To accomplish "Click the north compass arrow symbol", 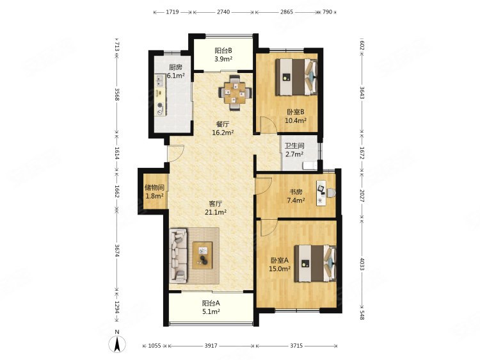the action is pyautogui.click(x=117, y=344).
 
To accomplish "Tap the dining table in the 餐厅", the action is pyautogui.click(x=234, y=92).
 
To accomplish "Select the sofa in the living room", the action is pyautogui.click(x=178, y=255).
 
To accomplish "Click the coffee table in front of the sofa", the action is pyautogui.click(x=202, y=255).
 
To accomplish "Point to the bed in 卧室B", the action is pyautogui.click(x=296, y=78).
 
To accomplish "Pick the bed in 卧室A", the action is pyautogui.click(x=316, y=263).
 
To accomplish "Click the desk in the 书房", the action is pyautogui.click(x=321, y=193).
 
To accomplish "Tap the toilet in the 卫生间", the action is pyautogui.click(x=310, y=166).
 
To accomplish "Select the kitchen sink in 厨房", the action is pyautogui.click(x=159, y=81).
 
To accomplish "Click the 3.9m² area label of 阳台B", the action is pyautogui.click(x=223, y=59).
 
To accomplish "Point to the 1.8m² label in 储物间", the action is pyautogui.click(x=154, y=196).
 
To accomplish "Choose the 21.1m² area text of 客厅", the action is pyautogui.click(x=216, y=212).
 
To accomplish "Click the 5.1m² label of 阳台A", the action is pyautogui.click(x=211, y=311).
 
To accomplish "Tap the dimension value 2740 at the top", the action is pyautogui.click(x=223, y=12).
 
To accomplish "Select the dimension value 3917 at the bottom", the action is pyautogui.click(x=211, y=346).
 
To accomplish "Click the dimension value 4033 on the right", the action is pyautogui.click(x=362, y=264).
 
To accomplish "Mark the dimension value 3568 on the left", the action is pyautogui.click(x=117, y=94).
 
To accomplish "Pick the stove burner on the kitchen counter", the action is pyautogui.click(x=160, y=106).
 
